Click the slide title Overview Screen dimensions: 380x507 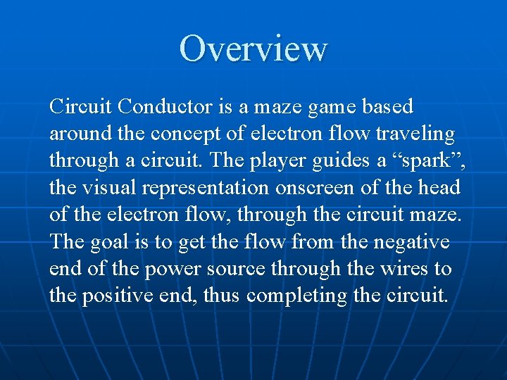tap(254, 49)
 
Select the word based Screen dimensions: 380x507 tap(387, 108)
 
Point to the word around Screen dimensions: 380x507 tap(77, 134)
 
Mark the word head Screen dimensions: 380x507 tap(439, 188)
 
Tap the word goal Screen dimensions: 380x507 tap(107, 242)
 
